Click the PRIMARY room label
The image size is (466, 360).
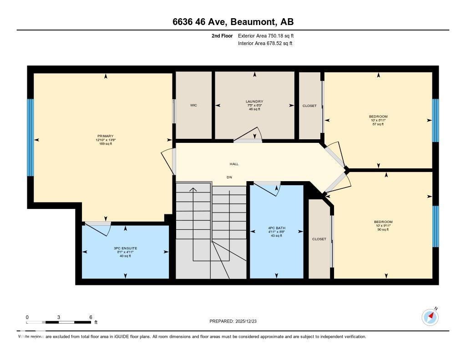coord(105,136)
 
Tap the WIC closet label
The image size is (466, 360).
coord(193,105)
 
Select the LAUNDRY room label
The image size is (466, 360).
coord(254,101)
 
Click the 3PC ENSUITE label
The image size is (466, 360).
coord(125,248)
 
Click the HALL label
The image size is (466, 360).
coord(234,164)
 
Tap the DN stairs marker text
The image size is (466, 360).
coord(230,177)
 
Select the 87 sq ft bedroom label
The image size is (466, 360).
coord(378,117)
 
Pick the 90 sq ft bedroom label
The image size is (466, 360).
coord(383,222)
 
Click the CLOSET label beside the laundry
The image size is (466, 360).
coord(309,106)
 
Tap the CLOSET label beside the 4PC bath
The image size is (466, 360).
coord(319,239)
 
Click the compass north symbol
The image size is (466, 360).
coord(430,317)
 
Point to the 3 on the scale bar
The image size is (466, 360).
coord(59,317)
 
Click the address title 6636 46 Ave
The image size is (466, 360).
coord(233,22)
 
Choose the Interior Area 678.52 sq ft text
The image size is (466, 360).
coord(265,44)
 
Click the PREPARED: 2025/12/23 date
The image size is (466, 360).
coord(236,321)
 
